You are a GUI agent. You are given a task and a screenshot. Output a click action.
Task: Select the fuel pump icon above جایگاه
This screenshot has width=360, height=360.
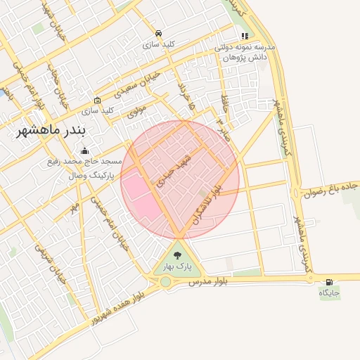point(330,282)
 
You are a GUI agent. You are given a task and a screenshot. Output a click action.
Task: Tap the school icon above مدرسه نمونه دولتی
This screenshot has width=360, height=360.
point(245,36)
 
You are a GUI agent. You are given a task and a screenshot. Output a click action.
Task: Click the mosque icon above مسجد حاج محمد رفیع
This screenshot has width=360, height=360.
point(85,150)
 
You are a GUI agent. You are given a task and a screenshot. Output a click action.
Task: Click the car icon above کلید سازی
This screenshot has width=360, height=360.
point(159,34)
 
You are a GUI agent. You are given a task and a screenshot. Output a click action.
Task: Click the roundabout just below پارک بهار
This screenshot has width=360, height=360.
point(166,282)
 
